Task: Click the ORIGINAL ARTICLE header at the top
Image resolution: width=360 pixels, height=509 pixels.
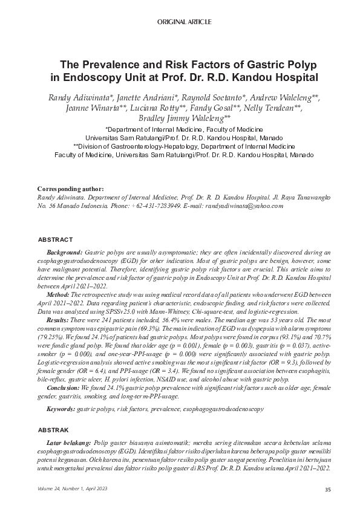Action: coord(184,22)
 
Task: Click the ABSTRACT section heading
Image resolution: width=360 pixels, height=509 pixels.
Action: coord(55,240)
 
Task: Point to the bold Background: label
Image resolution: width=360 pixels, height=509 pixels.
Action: coord(65,251)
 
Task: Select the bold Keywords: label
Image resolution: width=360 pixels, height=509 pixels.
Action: coord(62,409)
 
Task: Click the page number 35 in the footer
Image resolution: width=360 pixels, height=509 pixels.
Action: coord(327,489)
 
